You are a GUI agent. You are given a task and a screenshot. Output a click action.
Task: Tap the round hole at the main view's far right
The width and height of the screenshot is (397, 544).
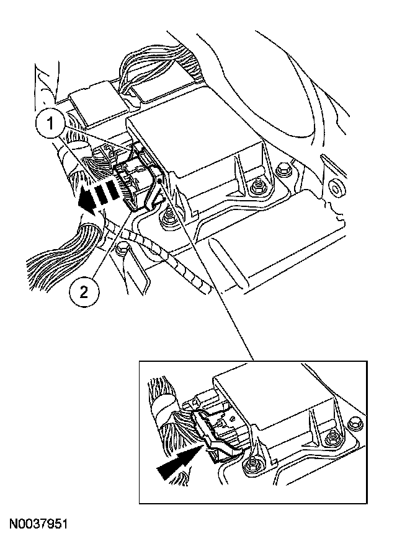tap(337, 186)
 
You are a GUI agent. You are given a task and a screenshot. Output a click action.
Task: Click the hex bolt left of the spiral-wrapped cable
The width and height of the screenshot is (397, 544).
tap(123, 250)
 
